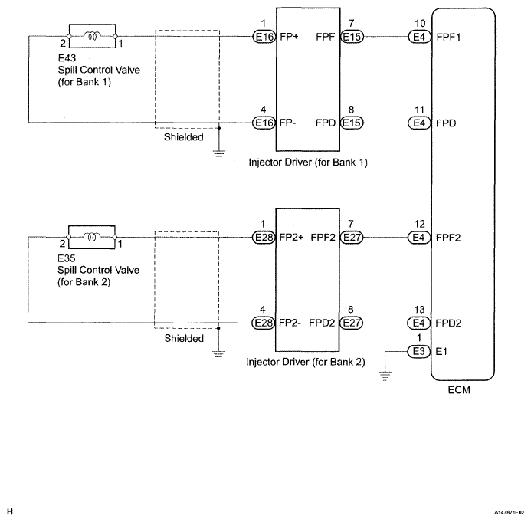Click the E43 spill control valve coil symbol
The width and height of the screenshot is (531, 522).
tap(91, 35)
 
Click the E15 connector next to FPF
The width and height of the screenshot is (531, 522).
tap(352, 36)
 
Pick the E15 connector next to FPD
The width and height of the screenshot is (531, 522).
tap(352, 122)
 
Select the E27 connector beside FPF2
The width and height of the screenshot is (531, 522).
tap(352, 238)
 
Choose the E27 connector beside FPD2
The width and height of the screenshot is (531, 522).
tap(352, 323)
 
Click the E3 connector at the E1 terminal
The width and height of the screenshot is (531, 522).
tap(418, 352)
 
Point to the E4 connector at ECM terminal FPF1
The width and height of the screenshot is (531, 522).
tap(418, 36)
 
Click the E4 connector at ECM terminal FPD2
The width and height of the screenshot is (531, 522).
tap(418, 323)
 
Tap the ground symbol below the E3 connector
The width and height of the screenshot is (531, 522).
tap(385, 376)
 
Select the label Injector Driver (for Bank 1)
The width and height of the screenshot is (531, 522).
tap(306, 163)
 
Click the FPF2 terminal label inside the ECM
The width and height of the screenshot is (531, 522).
tap(449, 238)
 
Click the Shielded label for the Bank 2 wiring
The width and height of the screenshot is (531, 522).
tap(184, 338)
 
